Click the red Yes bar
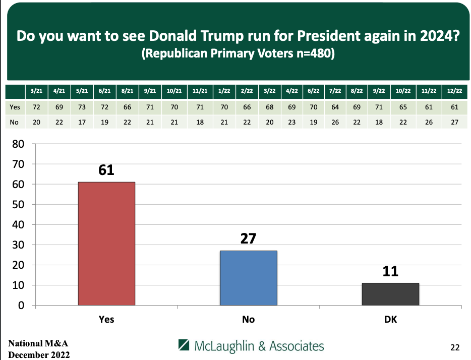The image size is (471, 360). tap(106, 244)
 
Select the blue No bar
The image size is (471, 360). tap(248, 278)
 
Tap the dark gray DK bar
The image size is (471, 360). tap(390, 294)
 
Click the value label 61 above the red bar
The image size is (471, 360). tap(106, 170)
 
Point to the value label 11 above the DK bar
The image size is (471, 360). tap(390, 271)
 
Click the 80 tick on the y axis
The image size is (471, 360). tap(18, 144)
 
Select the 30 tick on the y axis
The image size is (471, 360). tap(18, 245)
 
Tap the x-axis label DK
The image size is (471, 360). tap(390, 319)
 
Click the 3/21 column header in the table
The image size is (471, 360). tap(37, 92)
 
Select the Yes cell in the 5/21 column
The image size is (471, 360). tap(82, 107)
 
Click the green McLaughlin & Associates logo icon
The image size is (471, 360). tap(185, 346)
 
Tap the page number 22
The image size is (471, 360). tap(454, 347)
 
